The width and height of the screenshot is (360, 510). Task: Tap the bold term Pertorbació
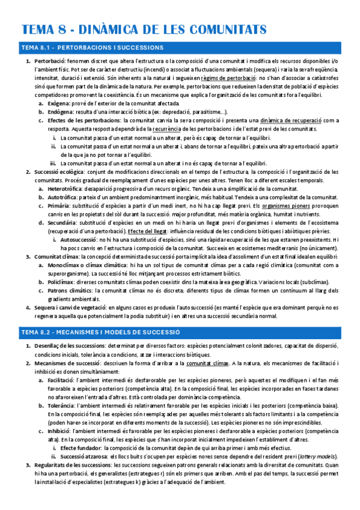tap(49, 62)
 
